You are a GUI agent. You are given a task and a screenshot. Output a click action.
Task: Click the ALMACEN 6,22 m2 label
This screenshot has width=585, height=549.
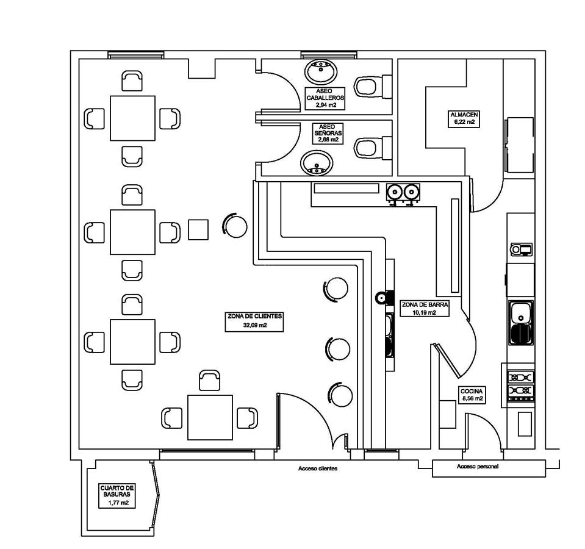click(x=464, y=118)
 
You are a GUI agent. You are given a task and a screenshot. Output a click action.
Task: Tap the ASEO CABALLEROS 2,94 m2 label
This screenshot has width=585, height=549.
click(x=326, y=98)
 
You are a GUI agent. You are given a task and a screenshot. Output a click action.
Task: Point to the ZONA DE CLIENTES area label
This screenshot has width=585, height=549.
click(x=255, y=321)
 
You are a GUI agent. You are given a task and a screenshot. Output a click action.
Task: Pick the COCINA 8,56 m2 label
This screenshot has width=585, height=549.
click(x=472, y=394)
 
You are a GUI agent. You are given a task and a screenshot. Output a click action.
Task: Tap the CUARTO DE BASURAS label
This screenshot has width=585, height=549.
click(x=117, y=495)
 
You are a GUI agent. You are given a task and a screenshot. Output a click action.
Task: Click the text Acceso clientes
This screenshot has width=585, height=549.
click(x=317, y=468)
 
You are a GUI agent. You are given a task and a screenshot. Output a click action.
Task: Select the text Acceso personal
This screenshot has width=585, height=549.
click(x=477, y=467)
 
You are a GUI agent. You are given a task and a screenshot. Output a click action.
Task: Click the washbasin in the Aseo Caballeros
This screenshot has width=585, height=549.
click(x=320, y=71)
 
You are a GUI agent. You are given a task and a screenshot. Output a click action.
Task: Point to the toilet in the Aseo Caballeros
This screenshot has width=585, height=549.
click(x=368, y=85)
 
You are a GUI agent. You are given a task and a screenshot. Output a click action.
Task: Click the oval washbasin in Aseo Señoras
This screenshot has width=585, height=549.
click(x=317, y=163)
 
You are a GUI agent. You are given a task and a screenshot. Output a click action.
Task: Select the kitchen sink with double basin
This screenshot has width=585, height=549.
click(x=520, y=324)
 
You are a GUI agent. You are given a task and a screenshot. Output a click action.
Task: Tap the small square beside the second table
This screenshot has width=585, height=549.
click(x=198, y=229)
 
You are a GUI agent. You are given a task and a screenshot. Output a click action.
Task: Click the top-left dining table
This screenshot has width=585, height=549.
click(x=132, y=118)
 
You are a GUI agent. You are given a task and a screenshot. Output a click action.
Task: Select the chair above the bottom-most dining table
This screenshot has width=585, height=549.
click(x=210, y=380)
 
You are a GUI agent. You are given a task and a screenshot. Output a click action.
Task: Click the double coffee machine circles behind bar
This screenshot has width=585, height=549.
click(x=404, y=193)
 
